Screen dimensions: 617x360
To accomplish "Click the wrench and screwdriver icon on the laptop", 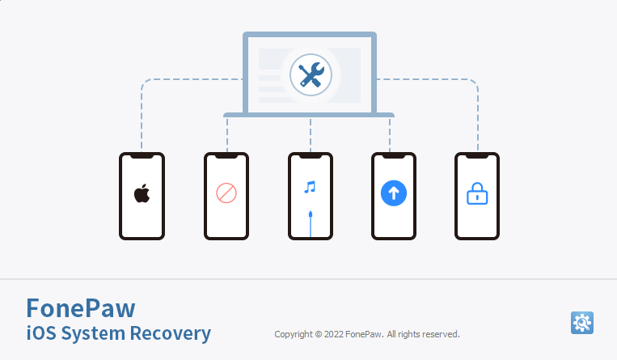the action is [x=311, y=75].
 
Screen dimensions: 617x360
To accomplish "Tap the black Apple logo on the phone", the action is [x=142, y=193].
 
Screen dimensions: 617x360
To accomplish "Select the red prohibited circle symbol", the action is [x=226, y=193].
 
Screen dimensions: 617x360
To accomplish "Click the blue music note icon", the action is [x=310, y=187].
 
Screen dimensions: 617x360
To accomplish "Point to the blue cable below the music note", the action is [x=311, y=224].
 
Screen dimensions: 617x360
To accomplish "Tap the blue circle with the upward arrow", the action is [x=394, y=193].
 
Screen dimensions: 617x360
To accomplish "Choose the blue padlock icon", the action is [x=477, y=193].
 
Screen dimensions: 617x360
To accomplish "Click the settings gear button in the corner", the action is [x=582, y=323].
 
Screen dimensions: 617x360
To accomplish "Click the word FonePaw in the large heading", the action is [x=81, y=308].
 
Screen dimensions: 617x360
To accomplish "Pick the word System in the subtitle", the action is [x=93, y=333].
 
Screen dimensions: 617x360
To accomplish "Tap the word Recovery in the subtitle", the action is [x=171, y=333].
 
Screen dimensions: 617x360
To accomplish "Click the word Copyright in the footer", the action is [x=294, y=334].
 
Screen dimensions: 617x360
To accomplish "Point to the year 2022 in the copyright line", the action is [x=334, y=334].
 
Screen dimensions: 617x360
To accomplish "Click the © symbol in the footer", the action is [x=319, y=334].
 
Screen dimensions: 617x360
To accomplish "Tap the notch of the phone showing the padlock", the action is [x=477, y=156].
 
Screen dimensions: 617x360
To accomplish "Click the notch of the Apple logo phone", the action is [x=142, y=156].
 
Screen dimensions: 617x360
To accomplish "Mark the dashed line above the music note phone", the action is [x=311, y=135].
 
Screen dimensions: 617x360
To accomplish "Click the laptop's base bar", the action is [x=309, y=115].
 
